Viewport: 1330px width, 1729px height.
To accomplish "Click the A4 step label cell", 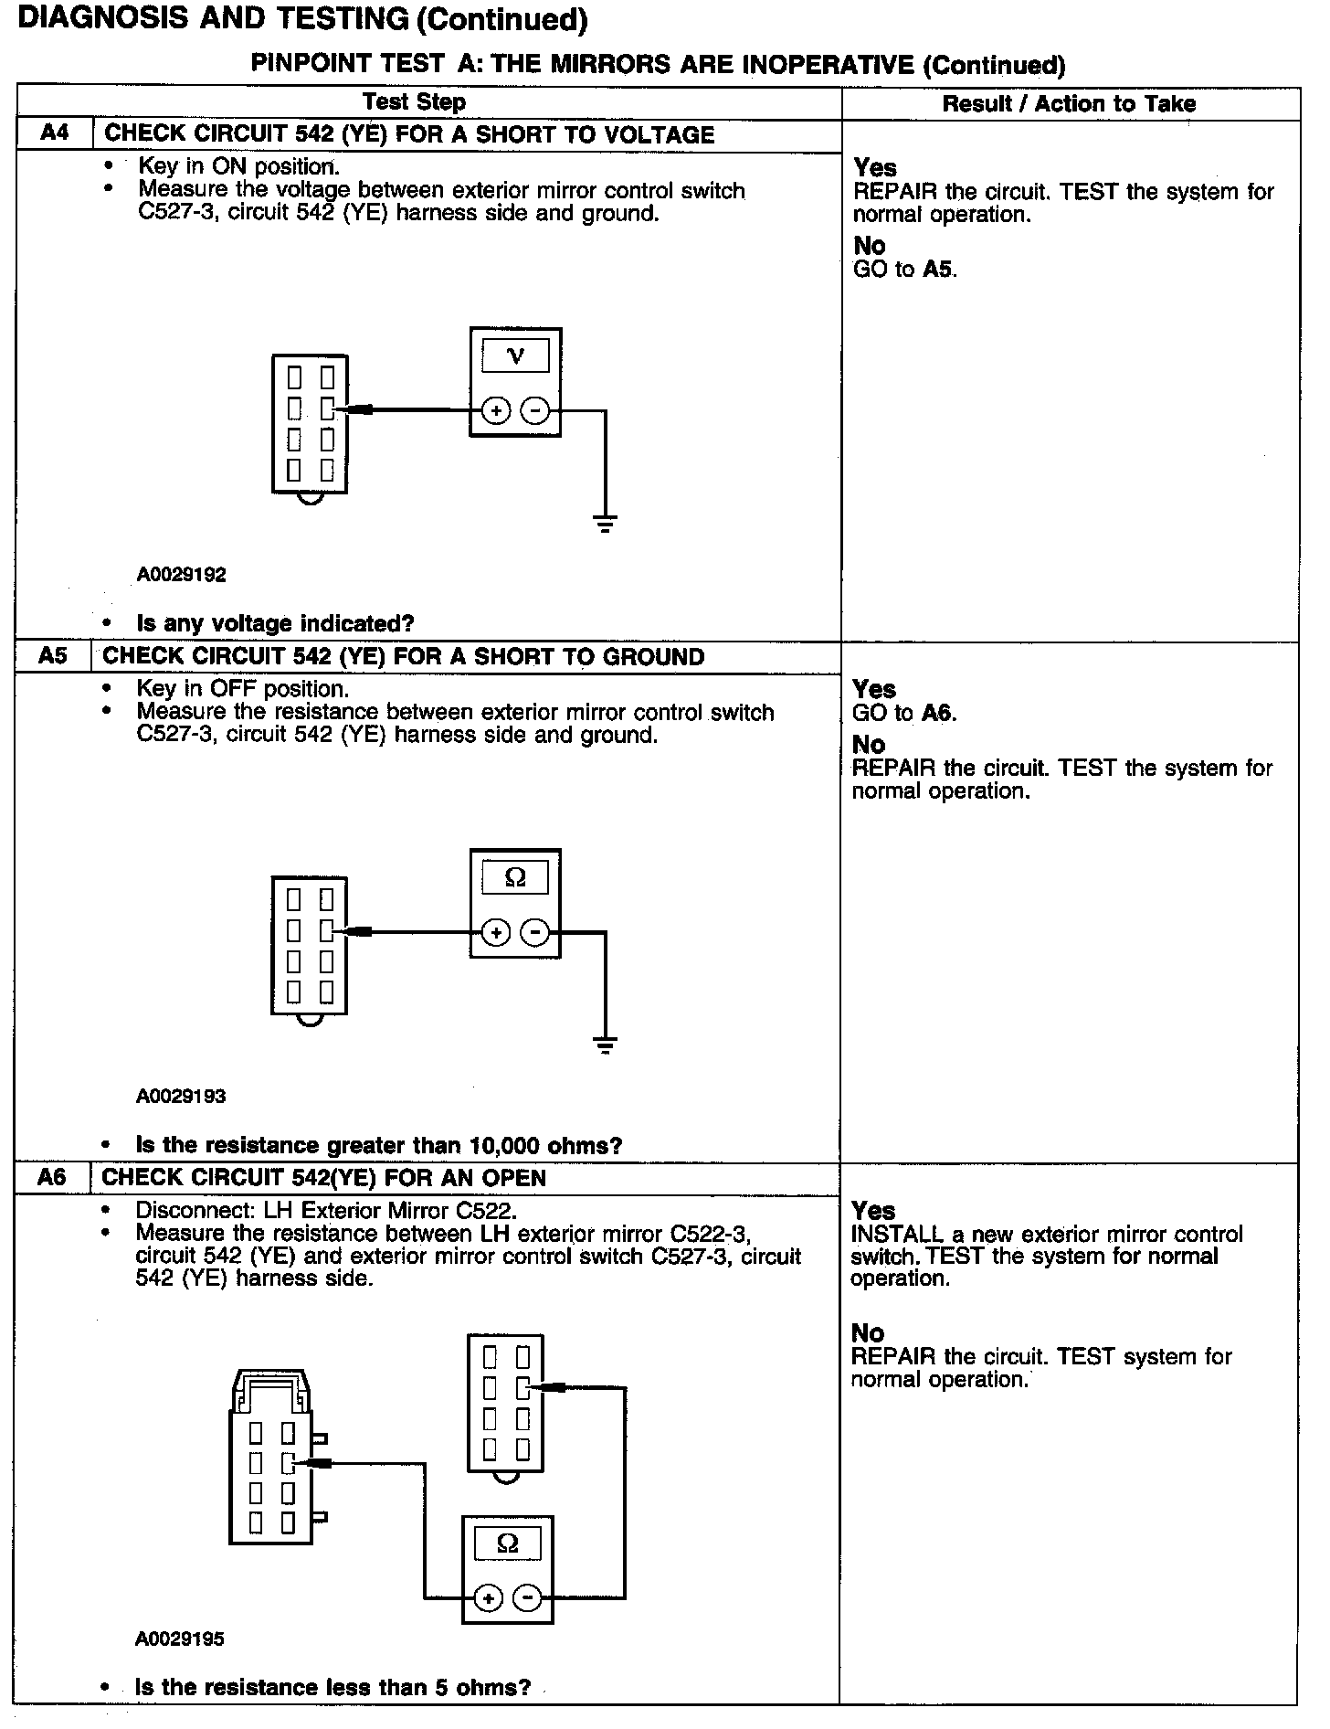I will (x=55, y=133).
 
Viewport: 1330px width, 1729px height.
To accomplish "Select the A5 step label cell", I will (x=53, y=656).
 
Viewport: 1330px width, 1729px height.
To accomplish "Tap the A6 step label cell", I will (x=52, y=1178).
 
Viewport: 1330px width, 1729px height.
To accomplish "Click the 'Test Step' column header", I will (x=414, y=102).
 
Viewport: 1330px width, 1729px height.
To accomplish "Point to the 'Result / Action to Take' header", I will (x=1069, y=103).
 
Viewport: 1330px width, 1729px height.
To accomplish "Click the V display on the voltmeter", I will (x=515, y=355).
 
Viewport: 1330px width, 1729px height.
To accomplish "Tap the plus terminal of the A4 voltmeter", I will (x=495, y=411).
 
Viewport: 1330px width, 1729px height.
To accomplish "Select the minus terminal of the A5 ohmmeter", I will (x=534, y=933).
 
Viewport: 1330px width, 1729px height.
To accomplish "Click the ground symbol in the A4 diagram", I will (x=605, y=524).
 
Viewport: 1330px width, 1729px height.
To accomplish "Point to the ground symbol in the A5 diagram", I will (x=605, y=1045).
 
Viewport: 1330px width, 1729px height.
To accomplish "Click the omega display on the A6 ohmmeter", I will (x=508, y=1544).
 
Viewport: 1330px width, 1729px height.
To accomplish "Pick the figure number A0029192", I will (x=181, y=575).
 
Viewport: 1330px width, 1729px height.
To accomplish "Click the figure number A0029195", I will (x=180, y=1639).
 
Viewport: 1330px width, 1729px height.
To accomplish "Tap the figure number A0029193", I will (x=181, y=1096).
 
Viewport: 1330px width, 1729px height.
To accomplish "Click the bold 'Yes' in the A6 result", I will (x=873, y=1211).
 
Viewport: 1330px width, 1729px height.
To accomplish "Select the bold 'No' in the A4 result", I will (x=870, y=245).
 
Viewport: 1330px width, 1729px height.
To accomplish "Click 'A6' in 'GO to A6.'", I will (x=937, y=713).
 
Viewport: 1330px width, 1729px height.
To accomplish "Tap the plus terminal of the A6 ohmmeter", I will (x=489, y=1598).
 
